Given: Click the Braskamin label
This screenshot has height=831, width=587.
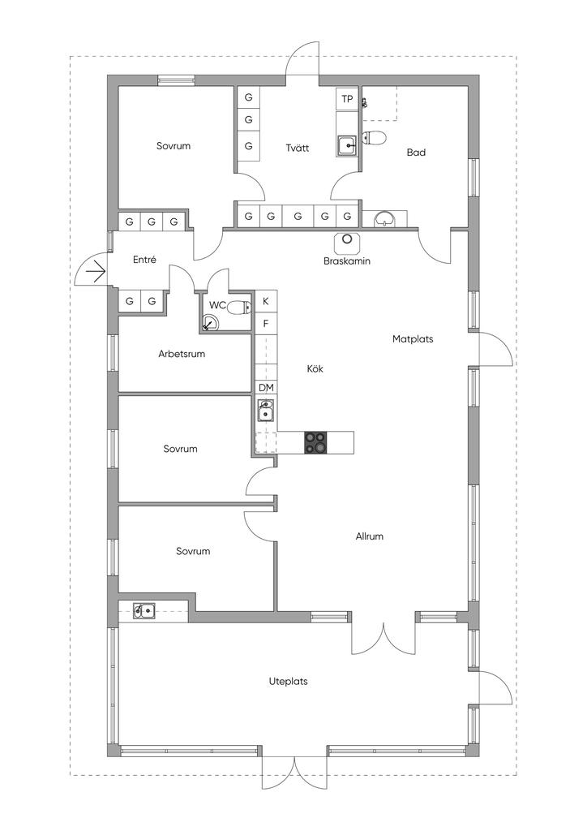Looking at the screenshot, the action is (347, 261).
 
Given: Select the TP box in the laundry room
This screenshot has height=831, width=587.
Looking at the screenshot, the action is (347, 99).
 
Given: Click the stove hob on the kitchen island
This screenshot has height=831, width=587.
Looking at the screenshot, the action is (315, 442).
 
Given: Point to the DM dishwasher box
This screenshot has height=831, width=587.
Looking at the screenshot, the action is (266, 388).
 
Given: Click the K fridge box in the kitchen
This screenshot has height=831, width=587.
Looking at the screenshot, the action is (266, 302).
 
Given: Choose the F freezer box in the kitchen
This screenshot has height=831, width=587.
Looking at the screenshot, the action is (266, 323).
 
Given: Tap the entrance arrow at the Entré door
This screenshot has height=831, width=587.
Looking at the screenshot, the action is (96, 273).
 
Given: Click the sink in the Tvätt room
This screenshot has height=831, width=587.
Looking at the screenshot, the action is (347, 144).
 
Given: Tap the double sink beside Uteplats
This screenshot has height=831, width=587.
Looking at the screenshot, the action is (144, 611).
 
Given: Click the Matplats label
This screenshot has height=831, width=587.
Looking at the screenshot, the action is (413, 339).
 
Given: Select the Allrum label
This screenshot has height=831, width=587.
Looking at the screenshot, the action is (370, 536).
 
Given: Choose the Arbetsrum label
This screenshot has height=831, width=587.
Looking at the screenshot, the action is (182, 354).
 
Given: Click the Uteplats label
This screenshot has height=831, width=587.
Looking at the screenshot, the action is (289, 682).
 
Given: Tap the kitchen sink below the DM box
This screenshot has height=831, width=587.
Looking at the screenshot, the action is (266, 410).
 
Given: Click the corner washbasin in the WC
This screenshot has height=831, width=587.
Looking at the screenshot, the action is (210, 323).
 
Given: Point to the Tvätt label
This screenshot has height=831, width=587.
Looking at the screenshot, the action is (298, 148).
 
